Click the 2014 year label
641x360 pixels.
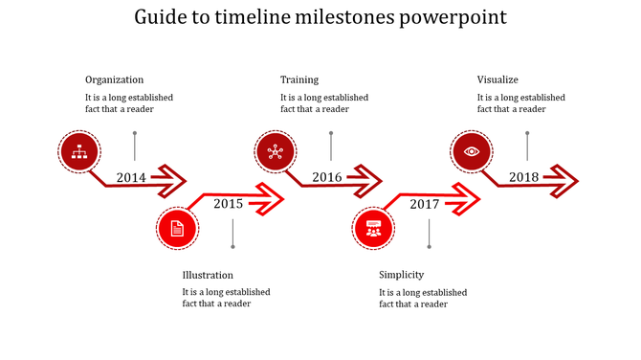(131, 177)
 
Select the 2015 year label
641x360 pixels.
(228, 203)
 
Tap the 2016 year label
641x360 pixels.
(327, 177)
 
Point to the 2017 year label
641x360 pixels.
(425, 204)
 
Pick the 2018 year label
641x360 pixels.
(523, 177)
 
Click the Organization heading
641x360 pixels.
(114, 79)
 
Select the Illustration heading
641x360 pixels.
(208, 275)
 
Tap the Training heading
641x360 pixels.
(299, 79)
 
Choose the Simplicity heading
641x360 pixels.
(401, 275)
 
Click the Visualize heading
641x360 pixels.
(497, 79)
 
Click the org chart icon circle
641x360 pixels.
(80, 151)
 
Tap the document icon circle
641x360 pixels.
(177, 228)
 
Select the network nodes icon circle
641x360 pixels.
(276, 151)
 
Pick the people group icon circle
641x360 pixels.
(373, 228)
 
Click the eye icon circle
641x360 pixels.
(472, 151)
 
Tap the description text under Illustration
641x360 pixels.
(226, 298)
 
